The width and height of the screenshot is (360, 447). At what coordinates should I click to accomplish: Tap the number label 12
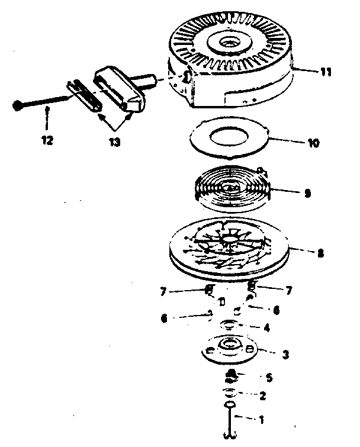click(47, 141)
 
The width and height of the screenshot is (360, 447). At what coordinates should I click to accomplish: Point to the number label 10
click(314, 143)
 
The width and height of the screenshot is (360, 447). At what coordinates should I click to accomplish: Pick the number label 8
click(320, 253)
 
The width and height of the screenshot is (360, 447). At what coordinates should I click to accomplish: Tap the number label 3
click(285, 355)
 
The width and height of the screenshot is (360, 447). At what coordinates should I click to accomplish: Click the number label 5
click(269, 377)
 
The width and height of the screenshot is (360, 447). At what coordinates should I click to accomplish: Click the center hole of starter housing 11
click(229, 44)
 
